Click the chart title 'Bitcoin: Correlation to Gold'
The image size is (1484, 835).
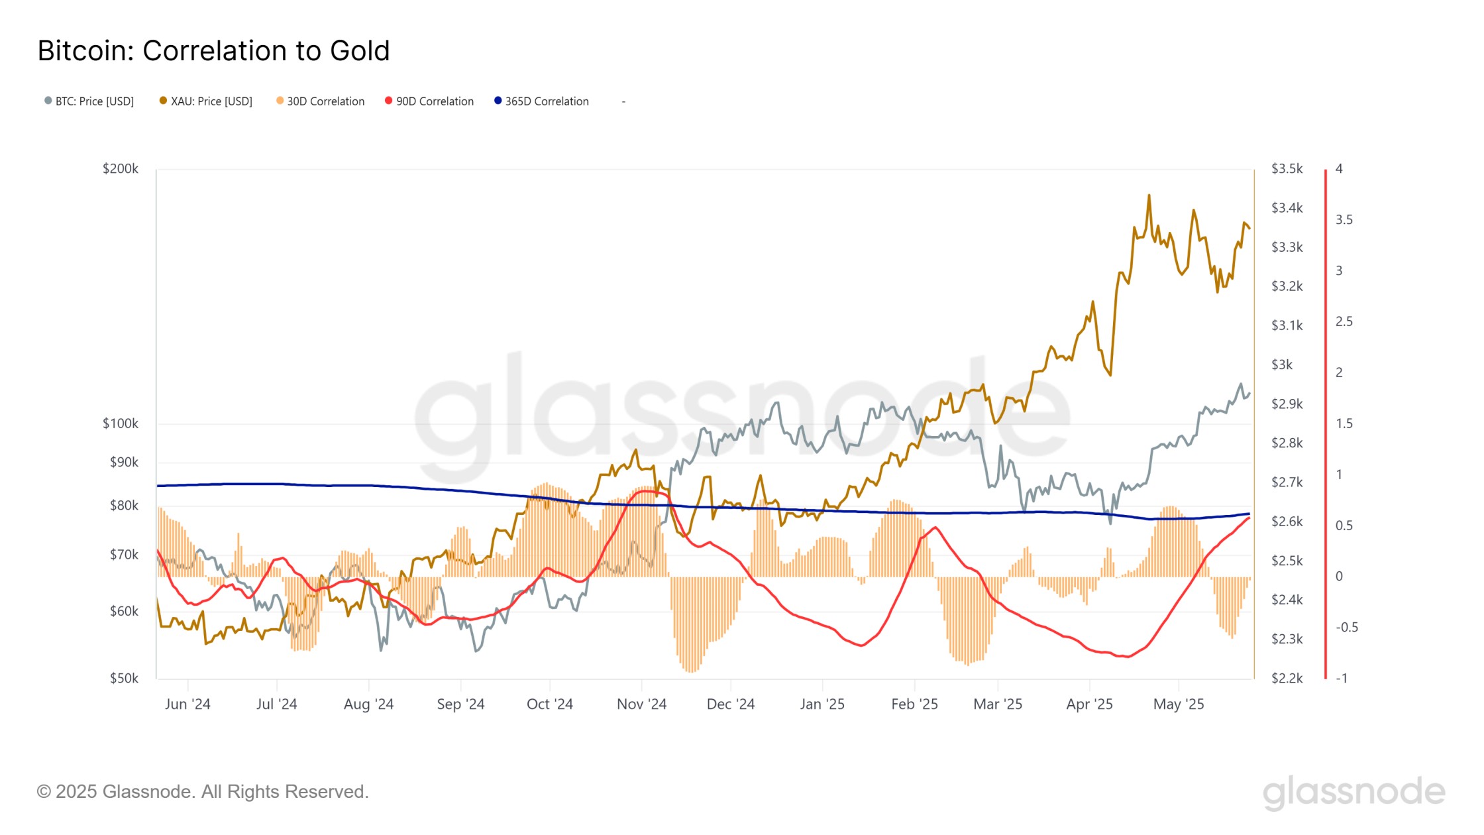[213, 51]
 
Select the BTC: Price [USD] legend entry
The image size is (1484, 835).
[89, 101]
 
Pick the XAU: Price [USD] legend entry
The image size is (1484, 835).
[206, 101]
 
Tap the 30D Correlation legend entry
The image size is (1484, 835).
[321, 101]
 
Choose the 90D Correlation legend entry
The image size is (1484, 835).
[429, 101]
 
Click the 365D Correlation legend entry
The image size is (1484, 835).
[542, 101]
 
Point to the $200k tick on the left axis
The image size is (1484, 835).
[121, 169]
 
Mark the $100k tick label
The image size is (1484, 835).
[121, 423]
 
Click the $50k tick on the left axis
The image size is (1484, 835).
[125, 679]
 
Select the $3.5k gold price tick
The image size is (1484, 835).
[1287, 169]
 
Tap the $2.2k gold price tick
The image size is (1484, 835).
[1287, 679]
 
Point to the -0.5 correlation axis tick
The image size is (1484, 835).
[1347, 628]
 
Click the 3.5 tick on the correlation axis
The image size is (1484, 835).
[1344, 220]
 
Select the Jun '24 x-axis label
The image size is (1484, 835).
[187, 704]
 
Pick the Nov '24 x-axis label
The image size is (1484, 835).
[641, 704]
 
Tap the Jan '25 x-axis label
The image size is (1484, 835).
[822, 704]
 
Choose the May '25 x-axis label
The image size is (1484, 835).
[1179, 704]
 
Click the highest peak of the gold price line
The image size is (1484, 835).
[1149, 195]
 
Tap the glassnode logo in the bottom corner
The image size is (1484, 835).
[1353, 793]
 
